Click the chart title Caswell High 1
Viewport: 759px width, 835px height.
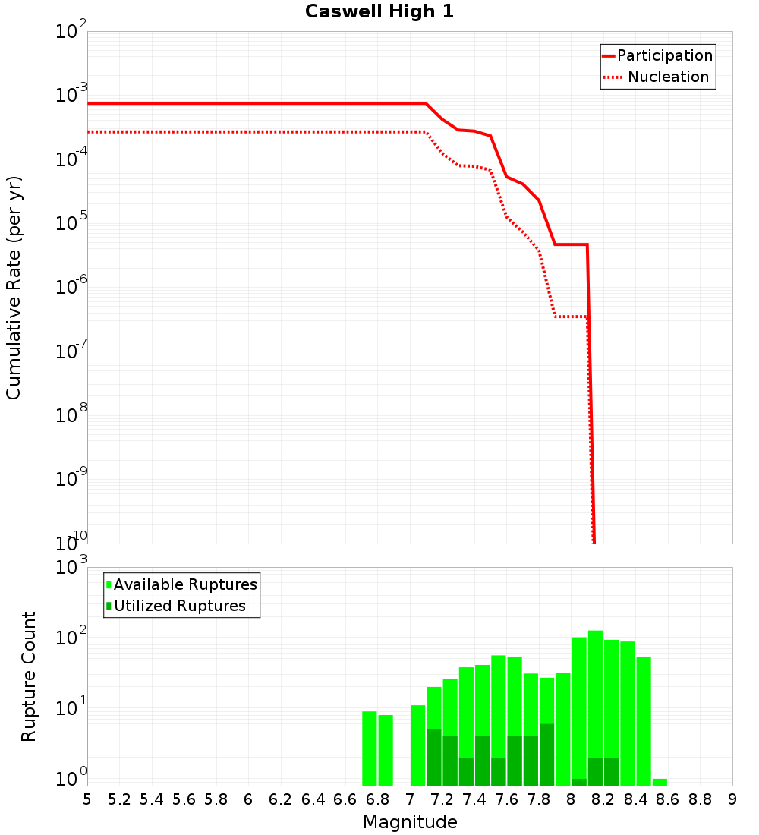pos(379,12)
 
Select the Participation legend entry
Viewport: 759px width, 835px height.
pos(664,55)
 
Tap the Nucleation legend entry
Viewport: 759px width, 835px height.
pos(668,77)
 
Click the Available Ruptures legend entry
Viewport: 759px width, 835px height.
pos(185,584)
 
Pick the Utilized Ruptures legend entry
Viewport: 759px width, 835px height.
pos(179,606)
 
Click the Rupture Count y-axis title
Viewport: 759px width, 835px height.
pos(29,676)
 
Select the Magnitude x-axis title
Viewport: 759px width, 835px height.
pos(410,821)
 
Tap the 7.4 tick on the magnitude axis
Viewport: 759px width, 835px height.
pos(474,799)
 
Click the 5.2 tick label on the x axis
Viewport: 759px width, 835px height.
pos(119,799)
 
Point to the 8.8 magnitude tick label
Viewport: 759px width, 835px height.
pos(700,799)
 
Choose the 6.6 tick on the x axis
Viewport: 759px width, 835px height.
pos(345,799)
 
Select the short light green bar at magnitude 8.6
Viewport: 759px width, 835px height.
pos(660,782)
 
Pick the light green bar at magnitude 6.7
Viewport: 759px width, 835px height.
pos(370,748)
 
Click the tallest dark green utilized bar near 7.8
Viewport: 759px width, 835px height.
pos(546,755)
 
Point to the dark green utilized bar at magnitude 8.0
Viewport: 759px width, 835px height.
pos(579,782)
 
